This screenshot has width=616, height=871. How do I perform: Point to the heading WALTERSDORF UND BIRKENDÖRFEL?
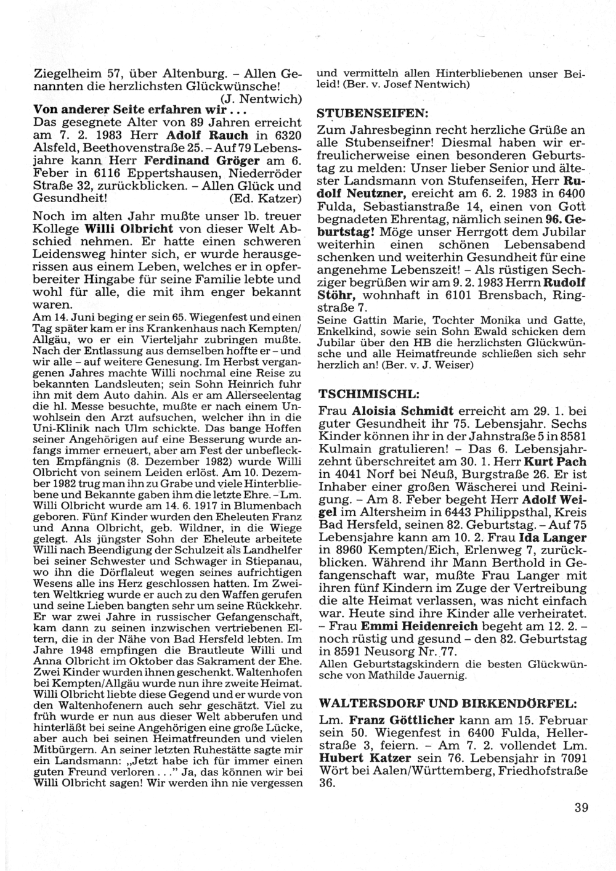click(448, 703)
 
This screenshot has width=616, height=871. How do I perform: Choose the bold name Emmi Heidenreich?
click(414, 625)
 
